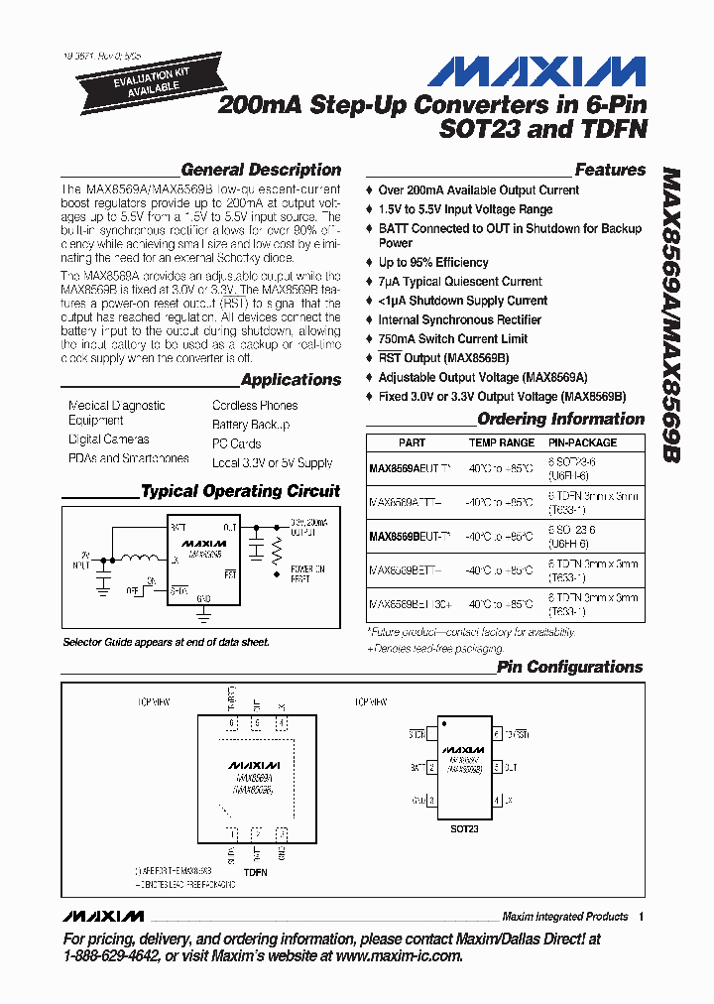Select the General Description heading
[261, 170]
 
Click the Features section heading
[610, 170]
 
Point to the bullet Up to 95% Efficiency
[433, 263]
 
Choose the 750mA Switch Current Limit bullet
[452, 338]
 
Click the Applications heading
[291, 380]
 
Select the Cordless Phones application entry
[255, 406]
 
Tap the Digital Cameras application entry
[109, 439]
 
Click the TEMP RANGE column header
[502, 443]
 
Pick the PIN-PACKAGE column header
[583, 443]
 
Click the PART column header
[412, 443]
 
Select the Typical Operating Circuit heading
[240, 491]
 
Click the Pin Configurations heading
[569, 668]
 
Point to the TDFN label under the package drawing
[255, 872]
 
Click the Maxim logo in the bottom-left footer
[103, 916]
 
